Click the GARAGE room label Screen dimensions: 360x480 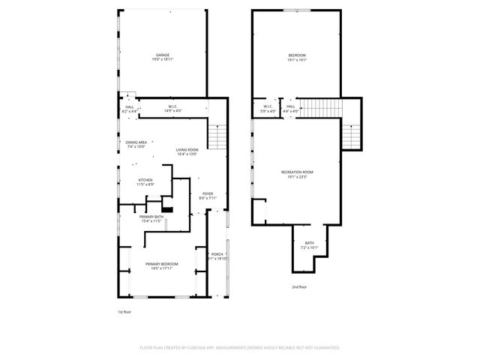click(x=162, y=55)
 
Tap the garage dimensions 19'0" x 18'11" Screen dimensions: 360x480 click(x=162, y=60)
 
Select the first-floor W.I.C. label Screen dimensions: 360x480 click(x=172, y=106)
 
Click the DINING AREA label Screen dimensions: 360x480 click(x=136, y=142)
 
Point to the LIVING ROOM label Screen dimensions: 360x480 click(x=187, y=149)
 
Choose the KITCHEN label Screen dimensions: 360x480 click(x=145, y=178)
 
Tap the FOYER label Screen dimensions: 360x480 click(x=208, y=193)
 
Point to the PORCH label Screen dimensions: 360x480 click(x=218, y=253)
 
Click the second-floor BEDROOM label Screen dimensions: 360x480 click(x=297, y=55)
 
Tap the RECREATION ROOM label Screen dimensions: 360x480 click(x=297, y=172)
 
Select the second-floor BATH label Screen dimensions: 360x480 click(x=310, y=241)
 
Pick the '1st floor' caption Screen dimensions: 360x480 click(x=124, y=311)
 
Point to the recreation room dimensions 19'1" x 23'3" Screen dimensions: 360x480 click(x=297, y=178)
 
